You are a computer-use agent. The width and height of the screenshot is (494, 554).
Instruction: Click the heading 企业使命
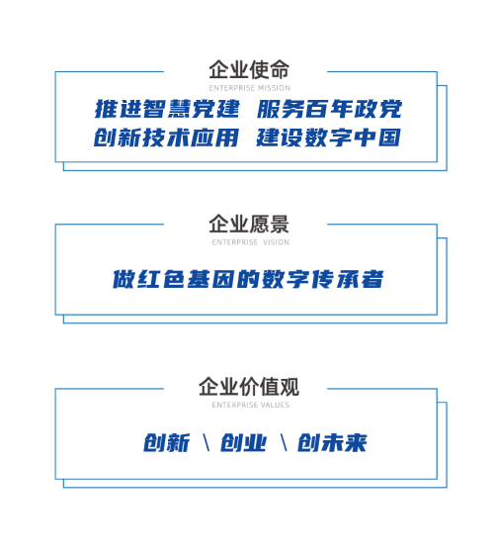[249, 69]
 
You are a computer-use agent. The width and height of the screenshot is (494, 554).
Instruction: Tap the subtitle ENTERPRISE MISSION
[249, 88]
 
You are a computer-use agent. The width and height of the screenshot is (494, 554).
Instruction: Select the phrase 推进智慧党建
[167, 109]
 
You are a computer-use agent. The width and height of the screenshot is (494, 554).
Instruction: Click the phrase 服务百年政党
[329, 109]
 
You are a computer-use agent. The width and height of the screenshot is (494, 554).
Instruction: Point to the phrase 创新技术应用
[166, 138]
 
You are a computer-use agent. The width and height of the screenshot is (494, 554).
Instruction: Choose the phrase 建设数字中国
[328, 138]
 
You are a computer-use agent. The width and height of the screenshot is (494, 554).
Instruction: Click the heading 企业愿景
[249, 224]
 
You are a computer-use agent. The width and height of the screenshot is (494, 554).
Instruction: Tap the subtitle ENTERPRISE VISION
[251, 242]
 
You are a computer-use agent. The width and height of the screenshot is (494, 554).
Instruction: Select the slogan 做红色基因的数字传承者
[248, 279]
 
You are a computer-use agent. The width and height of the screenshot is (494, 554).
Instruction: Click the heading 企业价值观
[249, 386]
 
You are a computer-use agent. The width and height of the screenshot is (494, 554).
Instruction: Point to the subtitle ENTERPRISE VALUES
[251, 405]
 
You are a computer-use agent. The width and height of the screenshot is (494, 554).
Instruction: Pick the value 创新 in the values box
[167, 442]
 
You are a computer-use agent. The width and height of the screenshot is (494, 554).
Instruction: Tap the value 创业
[243, 442]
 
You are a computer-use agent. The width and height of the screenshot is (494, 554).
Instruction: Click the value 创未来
[332, 442]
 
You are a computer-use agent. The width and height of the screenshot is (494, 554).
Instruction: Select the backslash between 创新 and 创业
[206, 443]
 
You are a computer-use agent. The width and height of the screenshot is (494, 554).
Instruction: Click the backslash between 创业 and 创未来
[284, 443]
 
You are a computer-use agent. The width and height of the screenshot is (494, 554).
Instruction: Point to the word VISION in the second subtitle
[277, 242]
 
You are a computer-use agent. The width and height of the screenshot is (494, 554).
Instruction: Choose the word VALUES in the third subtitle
[276, 405]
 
